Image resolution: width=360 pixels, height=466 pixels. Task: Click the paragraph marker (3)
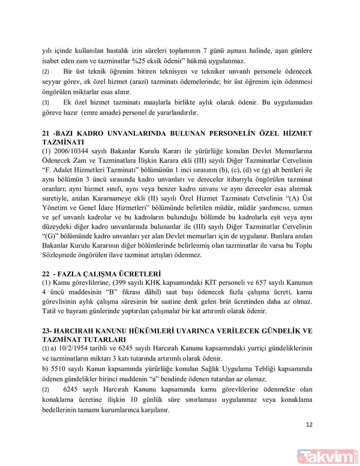click(x=46, y=102)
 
